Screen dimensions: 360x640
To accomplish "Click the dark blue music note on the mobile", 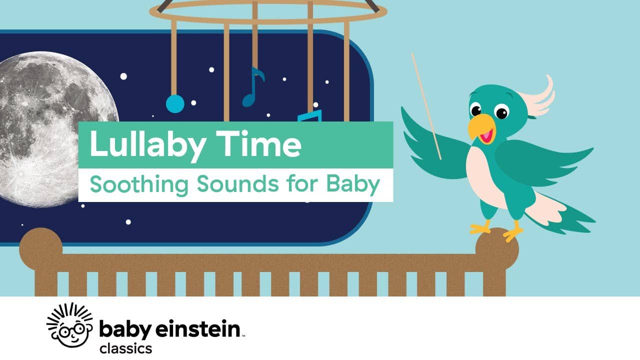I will (x=252, y=87).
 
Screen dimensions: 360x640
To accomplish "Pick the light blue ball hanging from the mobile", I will (x=175, y=103).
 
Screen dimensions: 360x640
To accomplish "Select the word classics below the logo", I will (x=125, y=348).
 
